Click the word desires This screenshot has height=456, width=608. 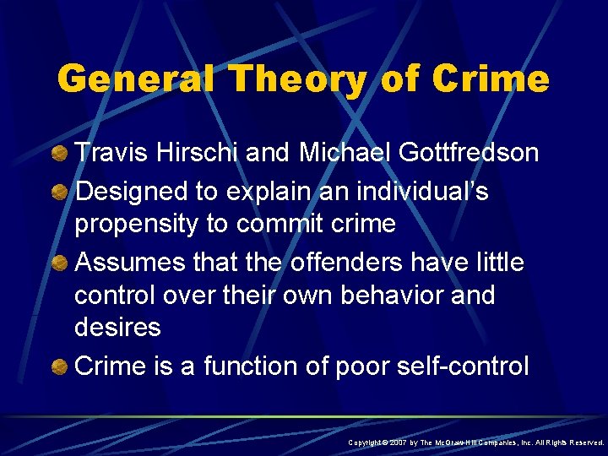pos(117,328)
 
